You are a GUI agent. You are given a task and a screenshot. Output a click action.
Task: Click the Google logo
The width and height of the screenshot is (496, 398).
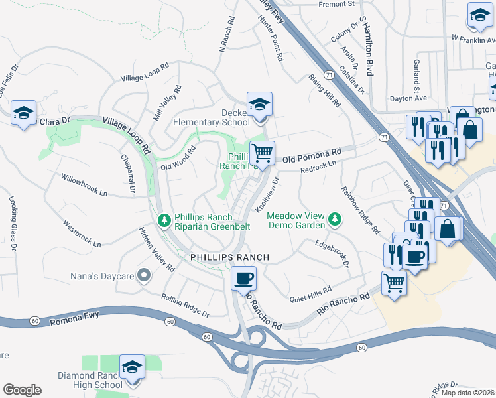[21, 390]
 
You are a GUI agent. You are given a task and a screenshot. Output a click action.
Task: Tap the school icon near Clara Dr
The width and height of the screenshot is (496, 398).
[23, 113]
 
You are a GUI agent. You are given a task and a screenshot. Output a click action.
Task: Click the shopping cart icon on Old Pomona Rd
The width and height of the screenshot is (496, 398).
[263, 153]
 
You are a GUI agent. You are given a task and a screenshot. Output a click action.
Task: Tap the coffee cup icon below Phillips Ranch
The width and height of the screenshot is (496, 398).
[243, 277]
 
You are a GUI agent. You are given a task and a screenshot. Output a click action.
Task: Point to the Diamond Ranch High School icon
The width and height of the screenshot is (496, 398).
[132, 367]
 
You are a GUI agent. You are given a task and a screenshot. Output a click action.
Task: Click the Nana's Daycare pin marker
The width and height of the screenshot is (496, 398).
[141, 275]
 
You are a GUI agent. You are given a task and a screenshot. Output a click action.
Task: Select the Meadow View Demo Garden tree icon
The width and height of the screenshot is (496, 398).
[336, 218]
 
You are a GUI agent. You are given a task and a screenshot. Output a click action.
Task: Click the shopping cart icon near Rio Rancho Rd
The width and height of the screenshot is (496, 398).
[395, 284]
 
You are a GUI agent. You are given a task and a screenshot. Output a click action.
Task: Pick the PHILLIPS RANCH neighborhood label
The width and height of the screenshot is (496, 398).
[229, 257]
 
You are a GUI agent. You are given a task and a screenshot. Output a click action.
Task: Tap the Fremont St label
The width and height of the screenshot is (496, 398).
[337, 4]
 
